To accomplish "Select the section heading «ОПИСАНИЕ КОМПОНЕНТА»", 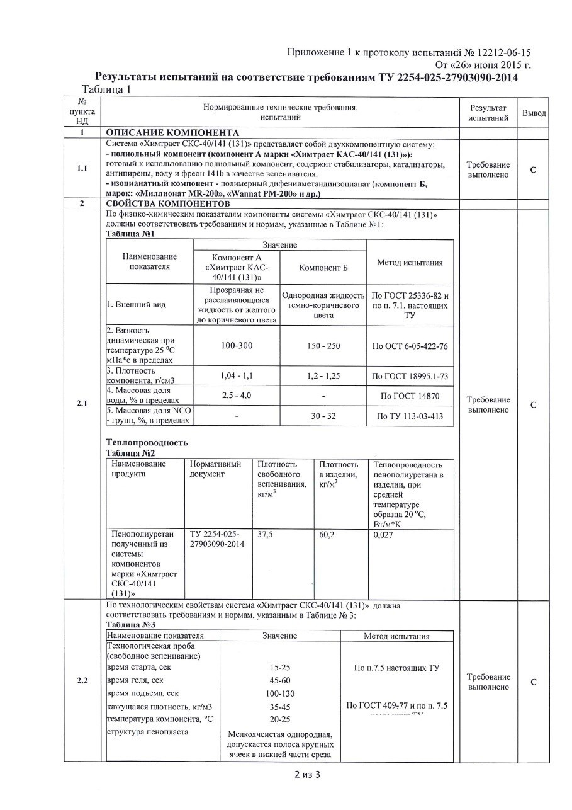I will point(172,133).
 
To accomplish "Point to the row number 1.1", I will point(82,168).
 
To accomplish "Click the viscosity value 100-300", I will point(237,346).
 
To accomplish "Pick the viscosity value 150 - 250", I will point(323,346).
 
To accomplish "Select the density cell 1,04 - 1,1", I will point(237,375).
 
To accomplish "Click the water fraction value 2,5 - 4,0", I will point(237,395).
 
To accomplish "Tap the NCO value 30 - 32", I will point(323,416).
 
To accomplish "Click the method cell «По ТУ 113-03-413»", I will point(410,416).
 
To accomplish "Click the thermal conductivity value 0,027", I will point(383,533).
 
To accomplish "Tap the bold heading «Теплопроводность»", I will point(147,442).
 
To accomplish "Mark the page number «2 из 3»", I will point(307,775).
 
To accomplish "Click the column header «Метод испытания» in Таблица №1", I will point(410,263).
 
